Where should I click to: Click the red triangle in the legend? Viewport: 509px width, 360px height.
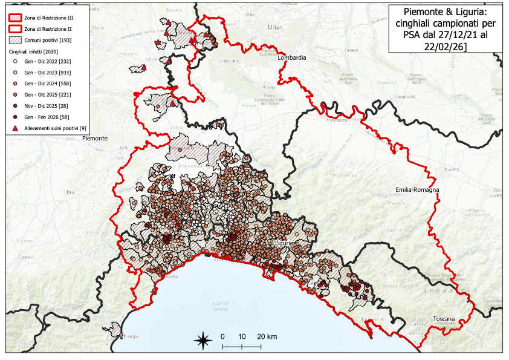[13, 128]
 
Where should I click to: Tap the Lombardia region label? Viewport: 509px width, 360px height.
[292, 57]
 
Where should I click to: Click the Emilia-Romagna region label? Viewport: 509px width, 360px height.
[417, 190]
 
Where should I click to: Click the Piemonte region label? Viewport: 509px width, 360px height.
[94, 139]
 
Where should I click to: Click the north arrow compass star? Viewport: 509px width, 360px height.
[203, 341]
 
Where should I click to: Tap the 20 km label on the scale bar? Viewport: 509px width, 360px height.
[267, 336]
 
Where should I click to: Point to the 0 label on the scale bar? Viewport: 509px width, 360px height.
[222, 336]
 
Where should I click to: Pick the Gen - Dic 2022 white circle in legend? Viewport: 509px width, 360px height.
[13, 61]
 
